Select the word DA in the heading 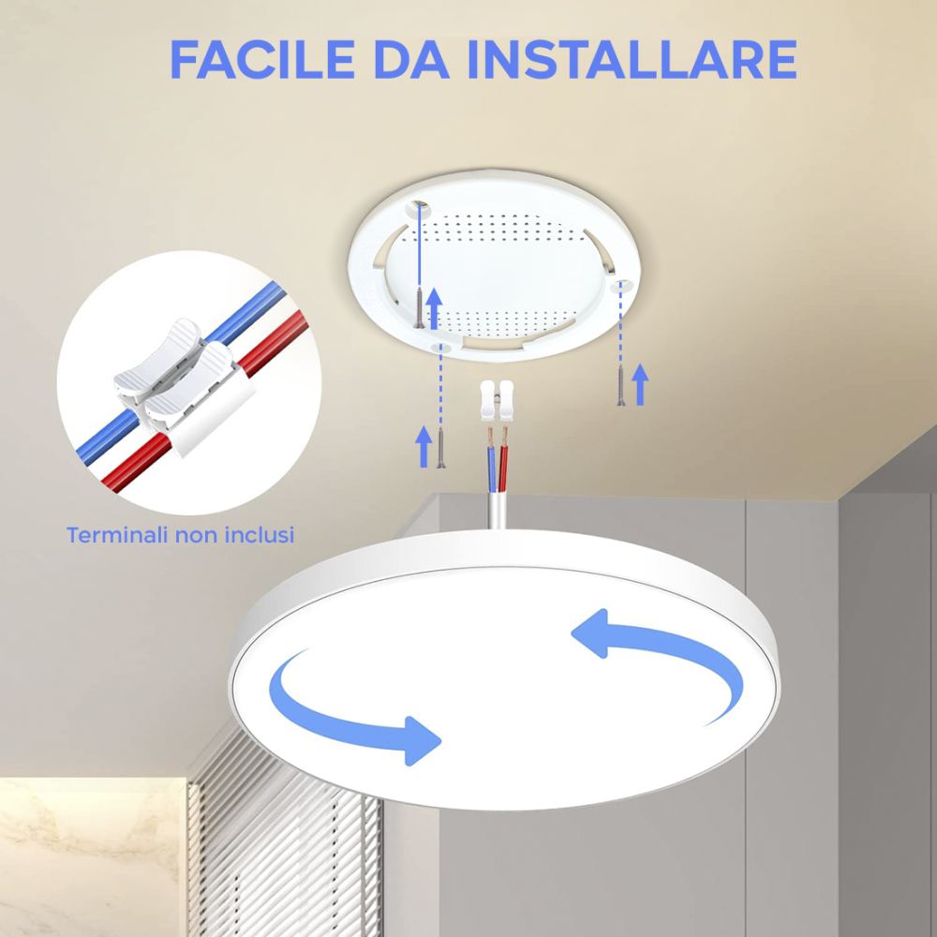(410, 59)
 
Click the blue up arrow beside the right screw (640, 384)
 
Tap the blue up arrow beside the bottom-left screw (424, 446)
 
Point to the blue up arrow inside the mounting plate (434, 308)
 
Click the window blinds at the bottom (281, 843)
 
